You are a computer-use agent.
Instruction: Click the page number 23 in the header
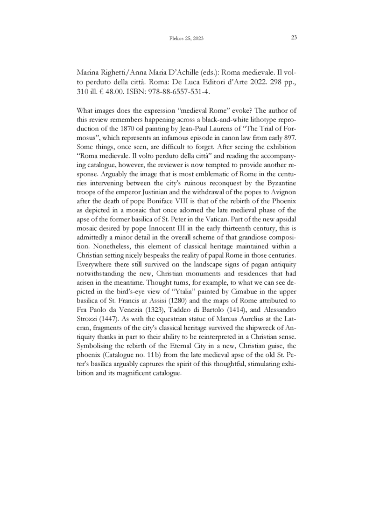pos(294,38)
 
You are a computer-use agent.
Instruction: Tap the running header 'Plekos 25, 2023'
pos(186,39)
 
